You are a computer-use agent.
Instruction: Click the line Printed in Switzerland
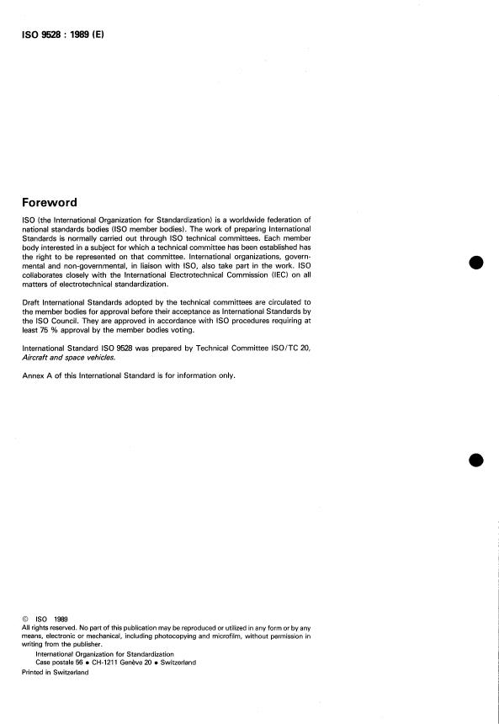click(55, 671)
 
